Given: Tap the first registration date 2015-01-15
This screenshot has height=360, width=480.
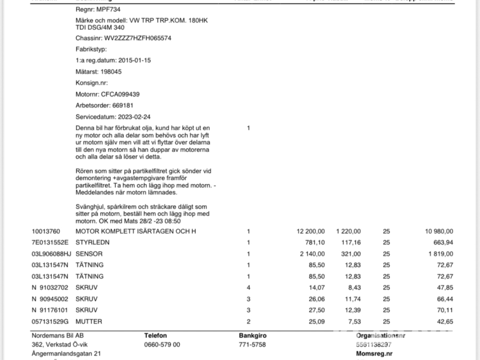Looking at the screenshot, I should tap(134, 61).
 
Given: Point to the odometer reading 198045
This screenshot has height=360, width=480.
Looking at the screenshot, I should tap(111, 71).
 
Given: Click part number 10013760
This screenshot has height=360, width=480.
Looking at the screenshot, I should tap(46, 231).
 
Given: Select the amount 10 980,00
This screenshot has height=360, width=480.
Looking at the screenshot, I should tap(439, 231).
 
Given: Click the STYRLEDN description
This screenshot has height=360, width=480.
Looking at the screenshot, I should tap(93, 243).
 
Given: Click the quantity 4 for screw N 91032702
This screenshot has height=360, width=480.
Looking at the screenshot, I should tap(248, 288).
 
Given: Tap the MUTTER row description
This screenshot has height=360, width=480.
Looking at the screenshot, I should tap(89, 322).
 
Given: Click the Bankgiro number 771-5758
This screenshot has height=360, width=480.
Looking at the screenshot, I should tap(252, 345).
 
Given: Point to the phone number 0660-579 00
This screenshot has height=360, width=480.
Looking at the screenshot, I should tap(162, 345).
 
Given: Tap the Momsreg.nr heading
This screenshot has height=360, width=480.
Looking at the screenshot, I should tap(374, 353).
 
